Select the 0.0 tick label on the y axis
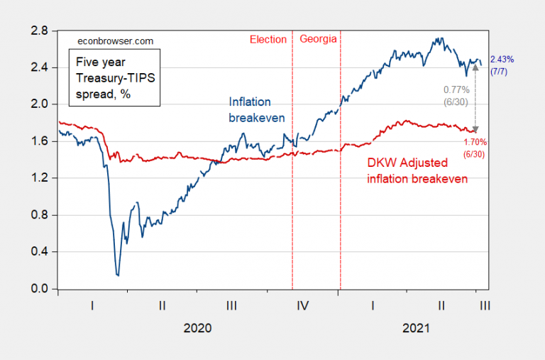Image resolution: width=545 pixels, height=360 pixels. coord(38,289)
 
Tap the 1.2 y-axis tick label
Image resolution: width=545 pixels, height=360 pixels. coord(38,178)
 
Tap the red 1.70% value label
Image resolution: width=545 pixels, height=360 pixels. coord(476,142)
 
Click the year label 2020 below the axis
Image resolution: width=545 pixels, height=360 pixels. coord(197,329)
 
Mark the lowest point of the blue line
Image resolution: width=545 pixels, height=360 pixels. coord(117,275)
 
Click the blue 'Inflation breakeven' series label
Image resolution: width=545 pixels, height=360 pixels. coord(250,109)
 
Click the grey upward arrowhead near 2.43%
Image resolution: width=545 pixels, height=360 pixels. coord(475,67)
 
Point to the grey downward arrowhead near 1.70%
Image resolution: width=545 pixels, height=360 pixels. coord(475,128)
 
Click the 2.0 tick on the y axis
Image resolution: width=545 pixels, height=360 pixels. coord(38,104)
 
